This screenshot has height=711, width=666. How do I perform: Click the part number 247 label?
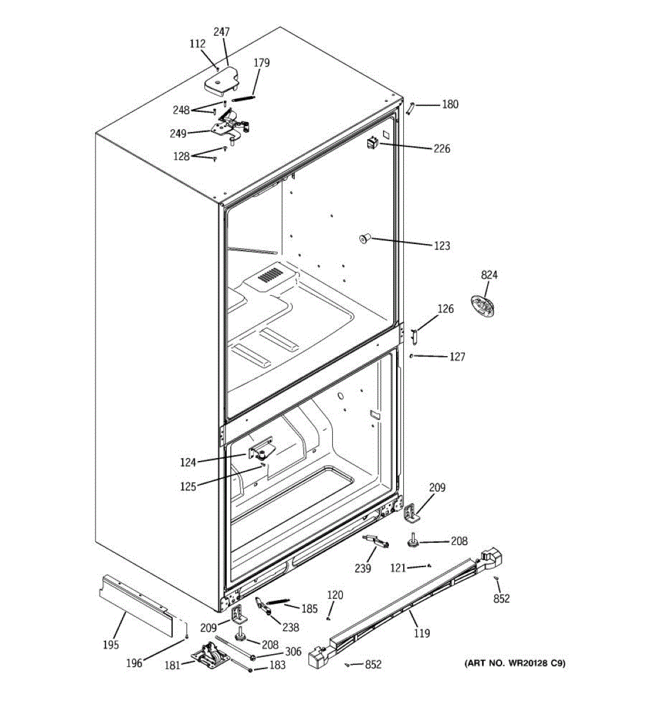click(221, 32)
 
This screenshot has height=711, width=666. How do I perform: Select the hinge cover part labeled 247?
click(221, 81)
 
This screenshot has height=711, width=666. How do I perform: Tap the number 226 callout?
click(442, 149)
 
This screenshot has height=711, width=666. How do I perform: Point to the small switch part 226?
click(372, 143)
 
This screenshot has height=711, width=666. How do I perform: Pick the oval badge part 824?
click(482, 306)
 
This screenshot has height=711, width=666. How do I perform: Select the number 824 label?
click(489, 275)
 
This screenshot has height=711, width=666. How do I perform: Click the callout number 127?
click(457, 357)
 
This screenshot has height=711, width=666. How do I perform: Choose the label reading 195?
click(111, 645)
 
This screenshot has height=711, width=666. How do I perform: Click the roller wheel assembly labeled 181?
click(210, 656)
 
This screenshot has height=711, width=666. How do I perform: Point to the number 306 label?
click(293, 652)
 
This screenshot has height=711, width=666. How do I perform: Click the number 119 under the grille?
click(422, 633)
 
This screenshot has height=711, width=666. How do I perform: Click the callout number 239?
click(362, 569)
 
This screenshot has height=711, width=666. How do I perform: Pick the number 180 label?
click(450, 105)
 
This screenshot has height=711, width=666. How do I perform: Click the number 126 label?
click(445, 309)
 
